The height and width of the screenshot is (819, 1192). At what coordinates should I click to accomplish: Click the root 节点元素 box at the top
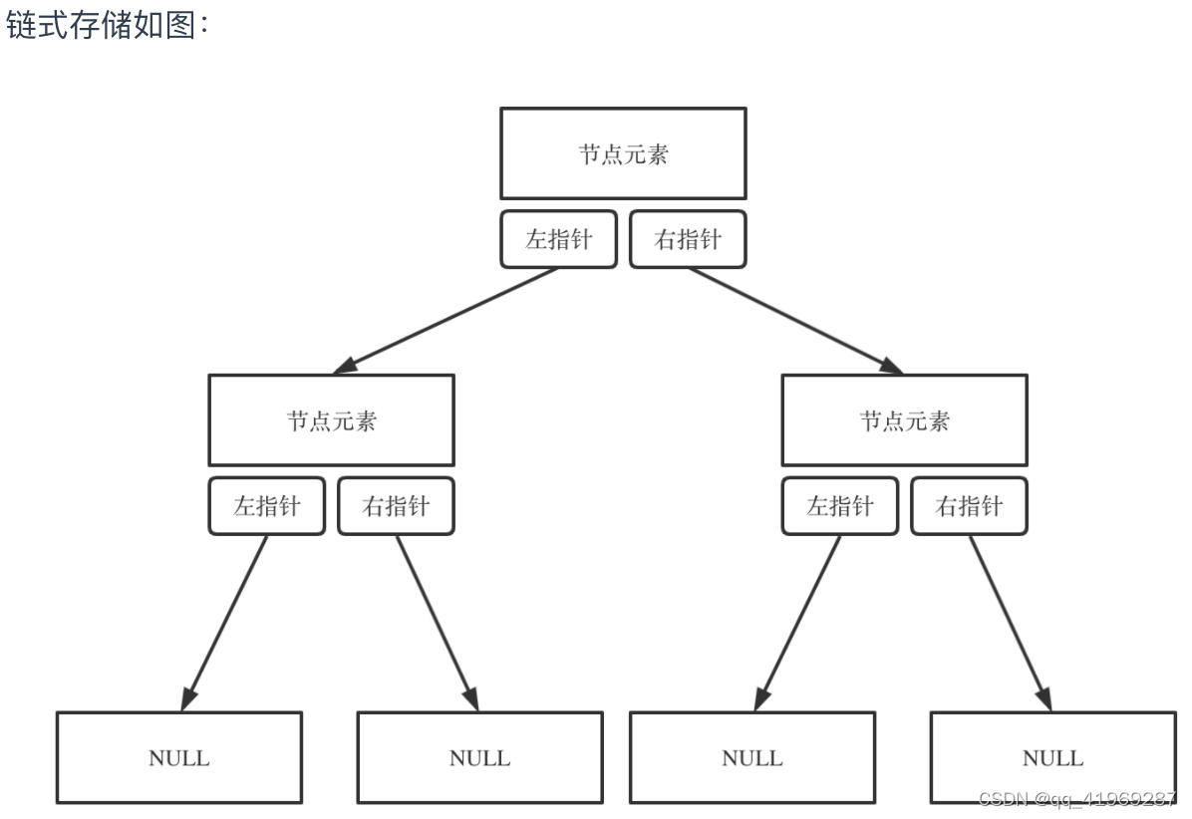623,153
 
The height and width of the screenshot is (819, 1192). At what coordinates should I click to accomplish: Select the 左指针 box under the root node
558,239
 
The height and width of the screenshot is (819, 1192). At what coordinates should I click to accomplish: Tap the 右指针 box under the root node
688,239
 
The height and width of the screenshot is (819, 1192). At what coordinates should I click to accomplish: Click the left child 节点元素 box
331,419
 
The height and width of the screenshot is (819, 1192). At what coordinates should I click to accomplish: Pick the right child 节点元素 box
904,419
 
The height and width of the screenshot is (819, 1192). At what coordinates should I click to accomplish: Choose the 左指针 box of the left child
266,506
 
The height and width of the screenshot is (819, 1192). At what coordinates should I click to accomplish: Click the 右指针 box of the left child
396,506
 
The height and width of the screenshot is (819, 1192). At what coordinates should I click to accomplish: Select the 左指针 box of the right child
839,506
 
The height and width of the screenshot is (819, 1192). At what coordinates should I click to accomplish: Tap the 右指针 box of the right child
969,506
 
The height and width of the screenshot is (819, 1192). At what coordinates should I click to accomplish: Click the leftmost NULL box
179,757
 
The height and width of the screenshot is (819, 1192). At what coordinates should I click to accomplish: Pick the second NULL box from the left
479,757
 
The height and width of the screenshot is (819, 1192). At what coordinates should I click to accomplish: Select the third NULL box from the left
751,757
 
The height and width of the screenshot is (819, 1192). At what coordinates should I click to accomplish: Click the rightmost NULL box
1052,757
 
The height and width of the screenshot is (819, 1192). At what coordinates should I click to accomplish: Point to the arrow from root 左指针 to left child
446,320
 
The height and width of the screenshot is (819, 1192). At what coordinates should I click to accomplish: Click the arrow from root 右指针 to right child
795,320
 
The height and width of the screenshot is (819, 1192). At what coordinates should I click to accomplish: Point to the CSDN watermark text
1077,799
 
